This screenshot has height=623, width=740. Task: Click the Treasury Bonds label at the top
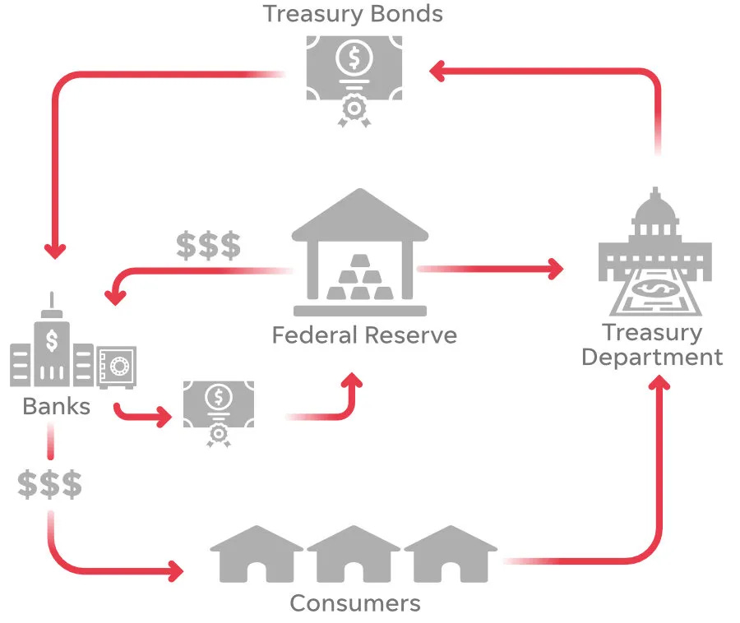pos(353,14)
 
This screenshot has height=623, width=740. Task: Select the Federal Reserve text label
pos(364,335)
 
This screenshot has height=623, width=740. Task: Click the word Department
pos(652,358)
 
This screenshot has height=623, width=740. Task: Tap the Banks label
pos(56,406)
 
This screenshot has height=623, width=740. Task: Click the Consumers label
pos(355,603)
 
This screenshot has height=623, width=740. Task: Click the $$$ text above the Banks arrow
pos(209,245)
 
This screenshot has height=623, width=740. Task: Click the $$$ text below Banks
pos(50,485)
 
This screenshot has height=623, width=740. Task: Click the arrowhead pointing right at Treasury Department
pos(556,268)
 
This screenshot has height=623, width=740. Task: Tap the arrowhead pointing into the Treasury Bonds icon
pos(437,72)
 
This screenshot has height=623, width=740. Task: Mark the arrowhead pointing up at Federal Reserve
pos(353,381)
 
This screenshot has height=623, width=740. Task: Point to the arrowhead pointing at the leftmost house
pos(175,570)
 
